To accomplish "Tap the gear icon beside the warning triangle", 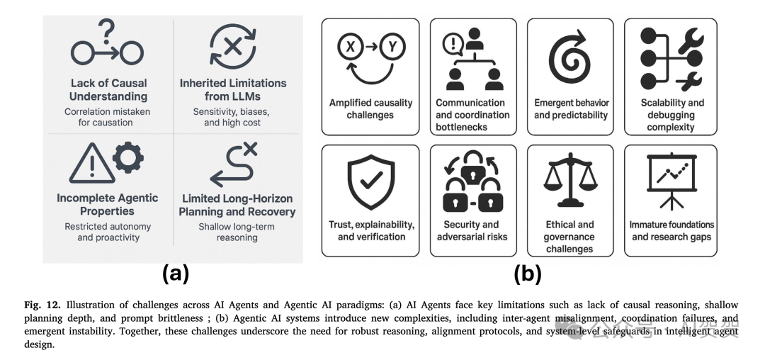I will click(x=128, y=158).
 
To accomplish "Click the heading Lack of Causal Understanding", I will click(x=108, y=89).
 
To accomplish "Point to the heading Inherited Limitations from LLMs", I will click(x=233, y=89).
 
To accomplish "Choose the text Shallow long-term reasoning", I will click(x=237, y=232).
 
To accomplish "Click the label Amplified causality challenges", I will click(x=370, y=108).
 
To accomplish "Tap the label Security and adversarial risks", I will click(x=472, y=230).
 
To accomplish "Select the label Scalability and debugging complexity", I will click(x=670, y=115).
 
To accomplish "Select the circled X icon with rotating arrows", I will click(x=233, y=46).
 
